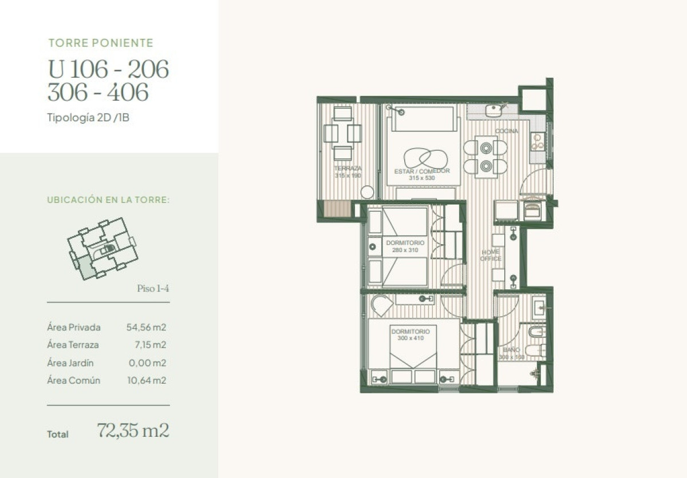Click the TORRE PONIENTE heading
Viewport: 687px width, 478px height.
(101, 43)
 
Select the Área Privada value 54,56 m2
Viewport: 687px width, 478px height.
(146, 328)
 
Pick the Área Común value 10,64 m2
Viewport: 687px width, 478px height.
(146, 380)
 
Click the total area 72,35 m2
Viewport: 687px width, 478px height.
(133, 431)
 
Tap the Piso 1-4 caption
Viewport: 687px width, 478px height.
(153, 288)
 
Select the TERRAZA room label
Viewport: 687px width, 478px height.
(348, 169)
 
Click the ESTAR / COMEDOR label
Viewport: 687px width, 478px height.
(422, 171)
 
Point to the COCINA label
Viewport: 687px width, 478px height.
(507, 132)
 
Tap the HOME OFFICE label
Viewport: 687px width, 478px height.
(491, 255)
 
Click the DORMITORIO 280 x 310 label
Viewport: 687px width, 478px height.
(405, 246)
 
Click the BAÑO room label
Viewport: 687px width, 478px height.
(511, 349)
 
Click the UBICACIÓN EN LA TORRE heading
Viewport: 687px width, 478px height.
(108, 200)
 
